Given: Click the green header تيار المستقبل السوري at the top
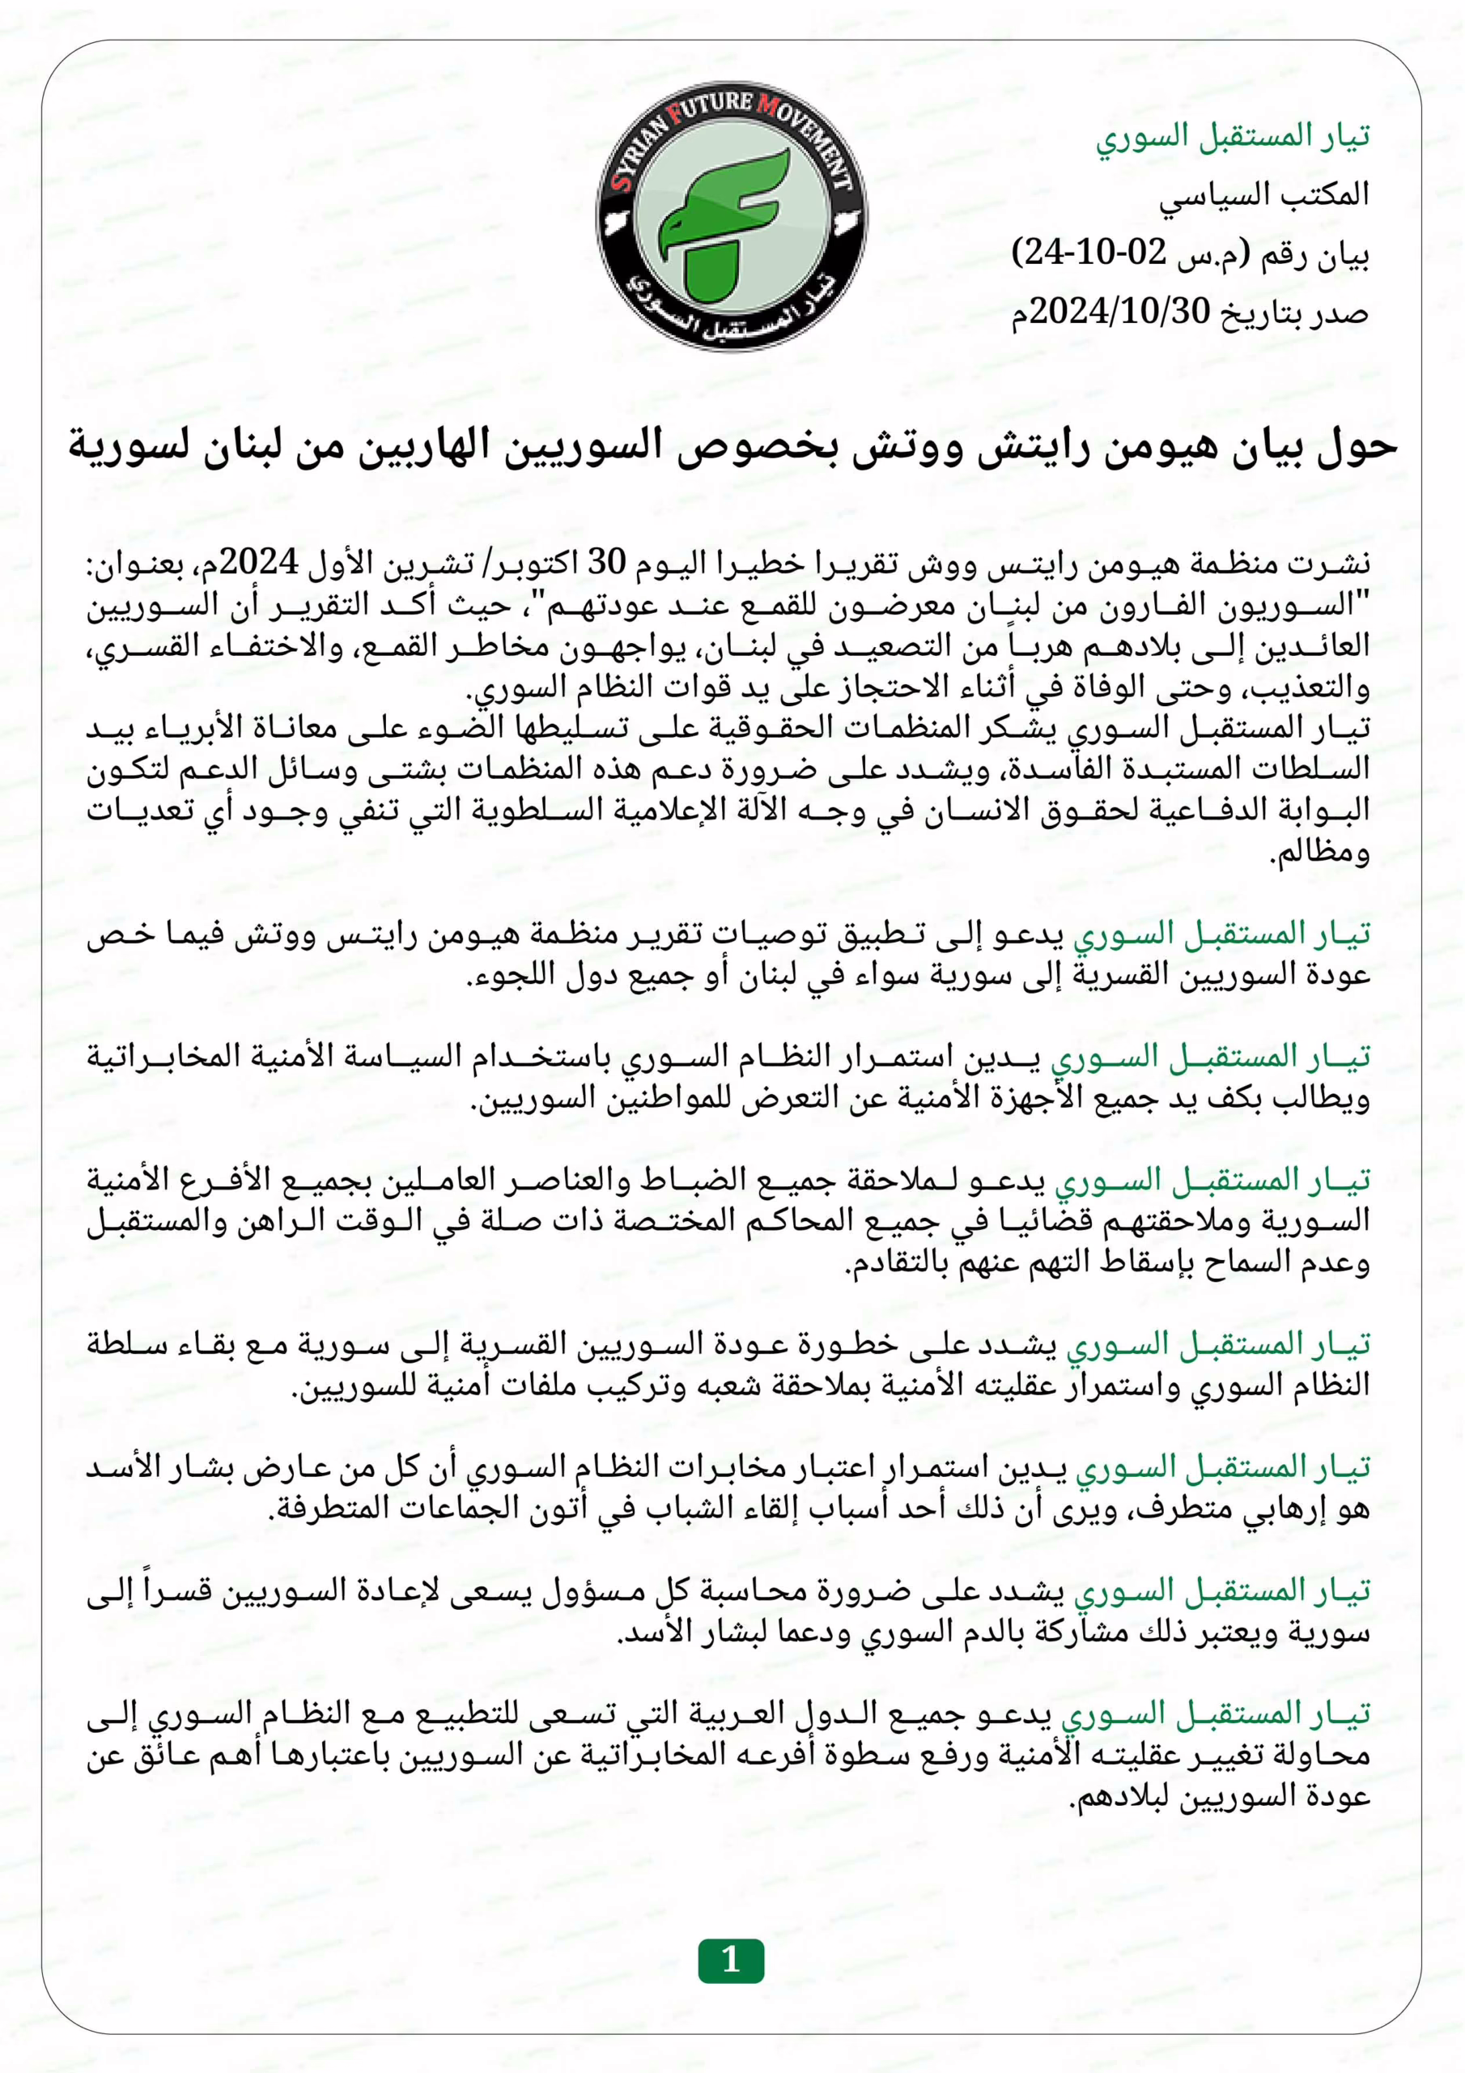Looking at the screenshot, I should click(x=1232, y=136).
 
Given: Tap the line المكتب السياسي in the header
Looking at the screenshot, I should click(x=1263, y=195).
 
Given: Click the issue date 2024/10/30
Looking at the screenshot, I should click(x=1119, y=312).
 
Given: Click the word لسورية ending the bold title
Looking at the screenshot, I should click(x=130, y=446).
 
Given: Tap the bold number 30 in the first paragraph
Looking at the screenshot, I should click(x=606, y=564).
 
